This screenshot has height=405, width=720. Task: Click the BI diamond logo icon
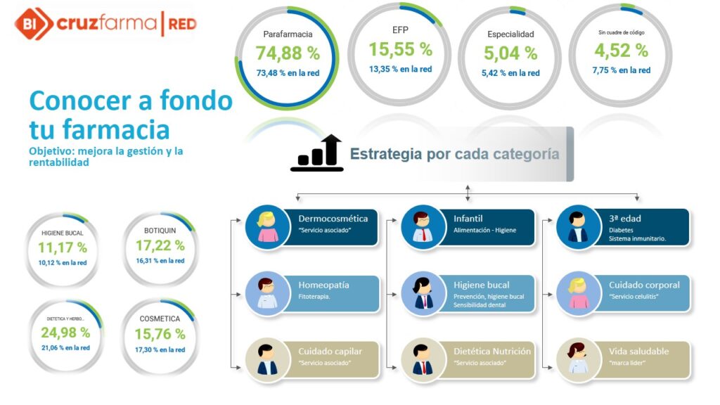pyautogui.click(x=33, y=23)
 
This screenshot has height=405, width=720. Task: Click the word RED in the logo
pyautogui.click(x=182, y=24)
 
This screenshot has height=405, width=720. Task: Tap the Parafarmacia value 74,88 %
pyautogui.click(x=288, y=53)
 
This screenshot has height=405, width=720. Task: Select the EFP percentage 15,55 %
pyautogui.click(x=400, y=49)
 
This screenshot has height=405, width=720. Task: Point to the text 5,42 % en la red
pyautogui.click(x=510, y=73)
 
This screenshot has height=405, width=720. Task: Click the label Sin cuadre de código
pyautogui.click(x=622, y=32)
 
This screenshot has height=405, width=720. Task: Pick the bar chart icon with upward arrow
pyautogui.click(x=317, y=153)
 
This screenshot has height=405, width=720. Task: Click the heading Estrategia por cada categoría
pyautogui.click(x=455, y=154)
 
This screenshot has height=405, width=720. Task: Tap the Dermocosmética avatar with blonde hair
pyautogui.click(x=267, y=227)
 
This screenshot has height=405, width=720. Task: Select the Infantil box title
pyautogui.click(x=468, y=219)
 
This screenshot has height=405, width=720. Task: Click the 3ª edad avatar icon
pyautogui.click(x=578, y=227)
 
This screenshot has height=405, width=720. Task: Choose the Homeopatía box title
pyautogui.click(x=323, y=285)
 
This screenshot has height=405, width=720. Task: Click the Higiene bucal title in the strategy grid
pyautogui.click(x=481, y=285)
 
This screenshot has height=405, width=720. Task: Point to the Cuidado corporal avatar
pyautogui.click(x=578, y=293)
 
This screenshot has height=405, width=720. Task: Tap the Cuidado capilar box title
pyautogui.click(x=330, y=352)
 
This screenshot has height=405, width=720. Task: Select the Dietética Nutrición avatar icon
pyautogui.click(x=423, y=359)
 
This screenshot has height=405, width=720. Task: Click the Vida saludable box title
pyautogui.click(x=638, y=352)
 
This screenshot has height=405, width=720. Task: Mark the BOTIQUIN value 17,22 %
pyautogui.click(x=160, y=245)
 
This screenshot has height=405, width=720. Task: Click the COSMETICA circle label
pyautogui.click(x=160, y=319)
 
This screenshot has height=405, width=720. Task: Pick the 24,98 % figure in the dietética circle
pyautogui.click(x=65, y=333)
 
